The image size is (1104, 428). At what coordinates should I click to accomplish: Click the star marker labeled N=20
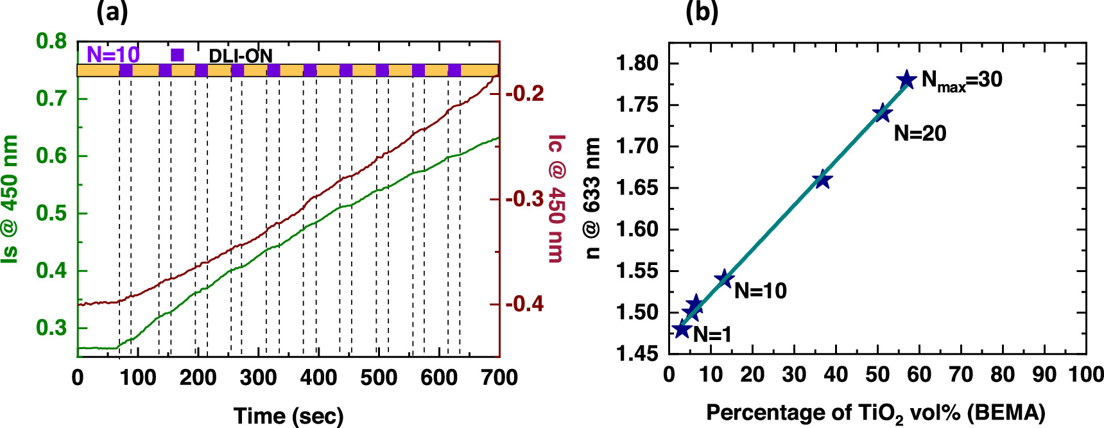883,113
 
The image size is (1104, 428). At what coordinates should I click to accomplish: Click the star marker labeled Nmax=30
906,80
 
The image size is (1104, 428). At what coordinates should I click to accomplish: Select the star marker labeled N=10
724,279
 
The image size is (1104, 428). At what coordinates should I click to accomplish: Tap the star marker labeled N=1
682,330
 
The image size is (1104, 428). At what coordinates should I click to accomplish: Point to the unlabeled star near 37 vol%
822,180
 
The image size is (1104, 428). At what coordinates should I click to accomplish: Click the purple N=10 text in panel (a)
113,55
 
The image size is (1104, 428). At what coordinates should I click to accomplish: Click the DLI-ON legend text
241,56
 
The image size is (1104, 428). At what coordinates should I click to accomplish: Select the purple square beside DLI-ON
178,55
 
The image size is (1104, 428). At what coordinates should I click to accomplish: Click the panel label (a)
112,12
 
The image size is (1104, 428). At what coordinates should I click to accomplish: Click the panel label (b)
702,12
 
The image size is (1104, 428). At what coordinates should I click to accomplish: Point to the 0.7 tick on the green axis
51,99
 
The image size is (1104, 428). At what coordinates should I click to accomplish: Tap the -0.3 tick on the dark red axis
524,199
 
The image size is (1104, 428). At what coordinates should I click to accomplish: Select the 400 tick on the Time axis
318,377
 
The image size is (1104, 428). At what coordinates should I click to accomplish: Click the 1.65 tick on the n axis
637,188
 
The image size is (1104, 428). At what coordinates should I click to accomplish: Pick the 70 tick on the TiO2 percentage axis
961,374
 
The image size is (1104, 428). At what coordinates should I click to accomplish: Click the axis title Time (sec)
288,415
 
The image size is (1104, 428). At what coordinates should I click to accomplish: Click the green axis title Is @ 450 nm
10,198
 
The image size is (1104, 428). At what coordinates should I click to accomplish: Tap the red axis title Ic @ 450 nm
556,198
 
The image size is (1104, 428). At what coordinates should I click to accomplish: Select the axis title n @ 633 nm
592,198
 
